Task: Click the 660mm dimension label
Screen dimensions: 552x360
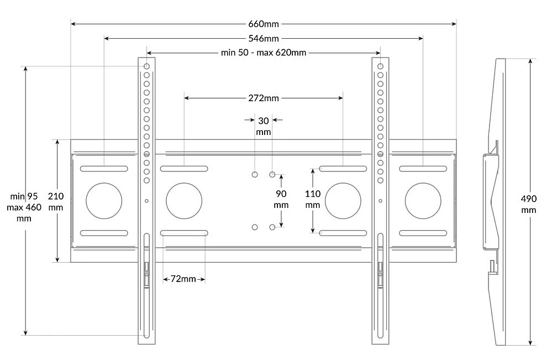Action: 264,24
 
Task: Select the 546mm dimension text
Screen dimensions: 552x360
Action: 264,38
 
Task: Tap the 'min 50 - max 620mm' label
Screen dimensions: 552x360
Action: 264,53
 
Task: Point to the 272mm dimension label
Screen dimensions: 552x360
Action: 264,98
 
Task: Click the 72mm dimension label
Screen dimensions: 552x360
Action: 183,279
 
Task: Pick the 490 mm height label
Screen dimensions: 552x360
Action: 528,204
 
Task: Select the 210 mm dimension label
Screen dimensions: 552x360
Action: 56,201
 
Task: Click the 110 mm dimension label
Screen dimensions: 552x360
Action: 313,199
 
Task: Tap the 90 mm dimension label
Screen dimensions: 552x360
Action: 281,199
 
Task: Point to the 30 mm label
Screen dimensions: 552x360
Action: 264,126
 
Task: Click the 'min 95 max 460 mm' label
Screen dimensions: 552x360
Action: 24,207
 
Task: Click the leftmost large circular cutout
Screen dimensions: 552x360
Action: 104,201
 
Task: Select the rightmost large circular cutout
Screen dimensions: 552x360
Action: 423,201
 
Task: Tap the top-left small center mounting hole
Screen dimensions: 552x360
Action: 255,174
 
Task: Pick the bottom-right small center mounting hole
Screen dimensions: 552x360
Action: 272,227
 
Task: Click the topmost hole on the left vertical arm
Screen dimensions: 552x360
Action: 147,66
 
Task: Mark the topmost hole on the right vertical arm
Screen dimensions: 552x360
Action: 380,66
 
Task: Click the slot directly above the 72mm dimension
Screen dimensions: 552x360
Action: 184,233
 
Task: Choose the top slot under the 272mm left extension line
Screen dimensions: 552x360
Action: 184,169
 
